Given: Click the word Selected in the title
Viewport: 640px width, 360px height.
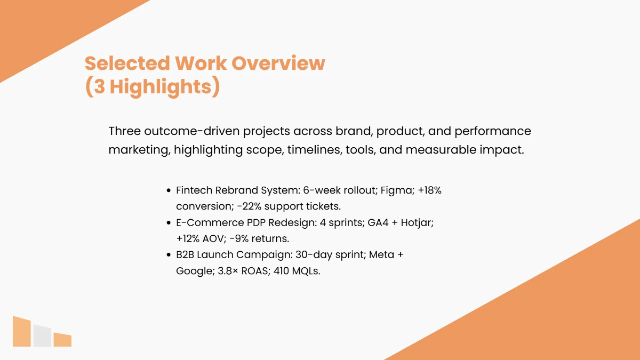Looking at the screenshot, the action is tap(127, 63).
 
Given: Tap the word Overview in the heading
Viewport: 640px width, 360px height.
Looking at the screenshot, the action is tap(278, 63).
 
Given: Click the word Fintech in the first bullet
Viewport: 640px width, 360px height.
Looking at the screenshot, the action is tap(194, 190).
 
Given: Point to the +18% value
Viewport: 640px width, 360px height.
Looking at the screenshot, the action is tap(429, 190).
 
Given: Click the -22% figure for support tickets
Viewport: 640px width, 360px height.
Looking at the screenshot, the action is tap(249, 206).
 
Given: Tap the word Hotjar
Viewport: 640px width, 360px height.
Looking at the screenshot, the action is tap(417, 223).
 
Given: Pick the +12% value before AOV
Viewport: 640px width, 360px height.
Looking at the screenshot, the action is tap(188, 238).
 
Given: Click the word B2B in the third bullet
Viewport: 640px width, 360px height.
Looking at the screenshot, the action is tap(185, 254).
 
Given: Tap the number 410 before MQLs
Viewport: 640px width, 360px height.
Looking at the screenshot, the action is tap(281, 270).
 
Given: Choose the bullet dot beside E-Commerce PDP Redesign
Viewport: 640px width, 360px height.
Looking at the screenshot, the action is tap(169, 222).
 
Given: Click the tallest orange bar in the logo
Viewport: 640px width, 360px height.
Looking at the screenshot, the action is tap(22, 332).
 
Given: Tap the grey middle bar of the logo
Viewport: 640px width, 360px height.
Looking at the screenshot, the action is tap(42, 336).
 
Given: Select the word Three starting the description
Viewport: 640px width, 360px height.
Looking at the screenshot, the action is tap(125, 131).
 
